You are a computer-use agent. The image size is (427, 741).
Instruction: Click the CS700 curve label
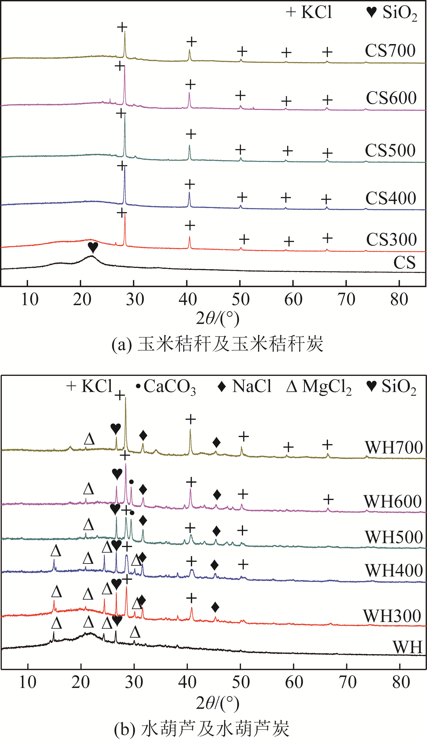click(x=390, y=50)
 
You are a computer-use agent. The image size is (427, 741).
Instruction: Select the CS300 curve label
click(x=391, y=239)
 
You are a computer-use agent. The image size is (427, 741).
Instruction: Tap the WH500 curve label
click(x=394, y=537)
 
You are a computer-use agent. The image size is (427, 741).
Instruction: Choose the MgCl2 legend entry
click(x=319, y=386)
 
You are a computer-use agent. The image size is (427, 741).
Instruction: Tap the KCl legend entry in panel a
click(x=309, y=12)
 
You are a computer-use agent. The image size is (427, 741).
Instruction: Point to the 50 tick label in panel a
click(x=240, y=299)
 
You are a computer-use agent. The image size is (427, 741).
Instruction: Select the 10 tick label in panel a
click(x=29, y=299)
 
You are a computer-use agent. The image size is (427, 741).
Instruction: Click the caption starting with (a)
click(x=217, y=344)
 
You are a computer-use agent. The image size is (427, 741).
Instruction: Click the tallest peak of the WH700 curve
click(x=125, y=398)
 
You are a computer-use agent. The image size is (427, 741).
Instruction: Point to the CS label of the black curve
click(x=404, y=263)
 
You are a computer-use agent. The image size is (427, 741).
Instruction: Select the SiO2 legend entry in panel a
click(x=392, y=13)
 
